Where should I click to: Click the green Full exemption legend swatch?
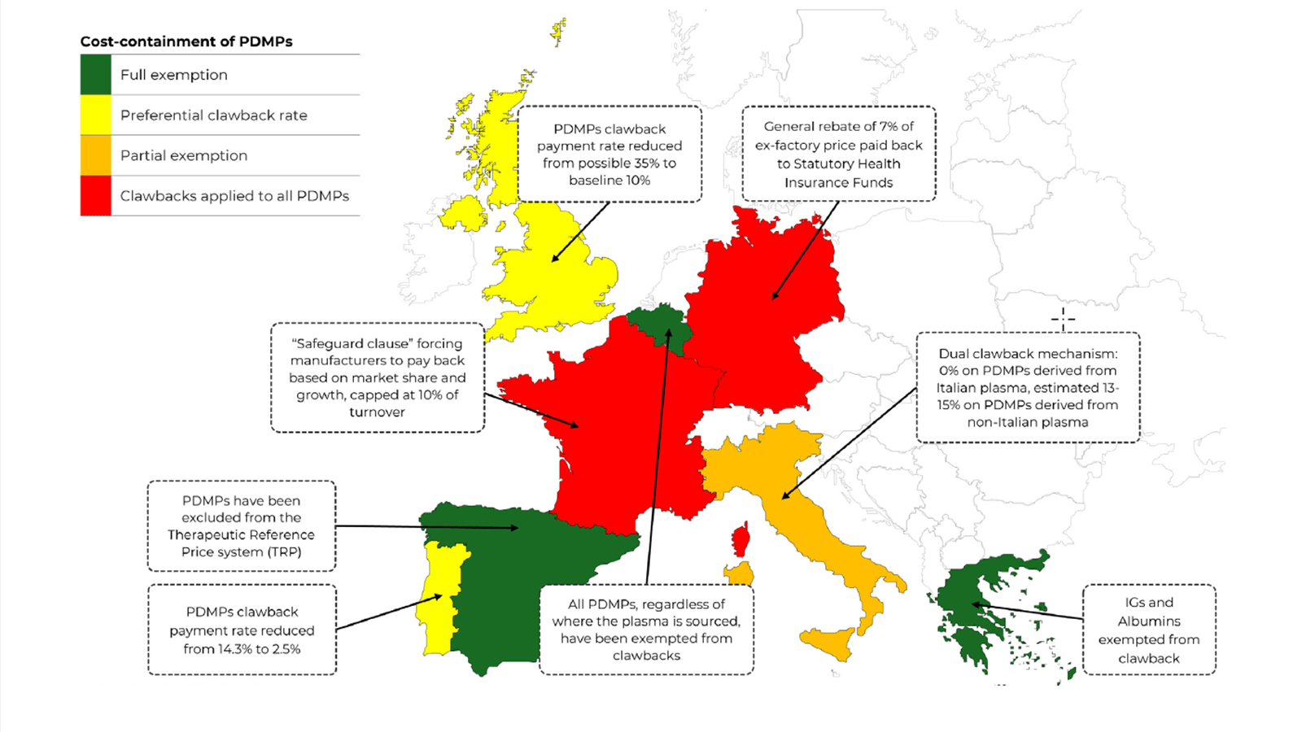pyautogui.click(x=95, y=75)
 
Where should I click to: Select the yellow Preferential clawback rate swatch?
pyautogui.click(x=95, y=115)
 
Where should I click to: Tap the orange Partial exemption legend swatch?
pyautogui.click(x=95, y=155)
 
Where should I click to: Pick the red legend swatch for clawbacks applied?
pyautogui.click(x=95, y=196)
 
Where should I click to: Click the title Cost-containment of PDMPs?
pyautogui.click(x=186, y=41)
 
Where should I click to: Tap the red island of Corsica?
pyautogui.click(x=741, y=539)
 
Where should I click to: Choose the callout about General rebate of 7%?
pyautogui.click(x=838, y=154)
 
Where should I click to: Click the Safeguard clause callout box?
pyautogui.click(x=378, y=377)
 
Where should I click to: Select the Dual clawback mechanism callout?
pyautogui.click(x=1028, y=387)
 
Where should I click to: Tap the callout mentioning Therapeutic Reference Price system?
pyautogui.click(x=241, y=525)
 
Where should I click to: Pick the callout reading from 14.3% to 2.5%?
pyautogui.click(x=242, y=630)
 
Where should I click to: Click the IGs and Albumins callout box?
pyautogui.click(x=1148, y=630)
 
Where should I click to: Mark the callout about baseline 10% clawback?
pyautogui.click(x=609, y=154)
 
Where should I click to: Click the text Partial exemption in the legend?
pyautogui.click(x=184, y=155)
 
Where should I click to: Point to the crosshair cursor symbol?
pyautogui.click(x=1063, y=319)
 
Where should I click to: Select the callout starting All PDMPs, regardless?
pyautogui.click(x=646, y=630)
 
